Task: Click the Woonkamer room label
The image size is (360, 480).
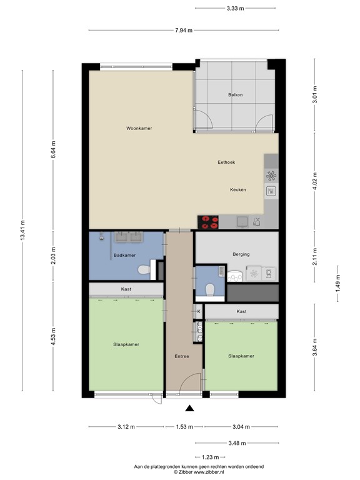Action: [139, 128]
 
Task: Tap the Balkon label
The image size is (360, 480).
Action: [234, 95]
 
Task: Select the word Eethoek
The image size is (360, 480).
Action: [226, 162]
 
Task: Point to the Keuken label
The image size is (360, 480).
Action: [238, 190]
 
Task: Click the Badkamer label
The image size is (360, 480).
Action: [125, 255]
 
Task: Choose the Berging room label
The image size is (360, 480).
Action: [241, 254]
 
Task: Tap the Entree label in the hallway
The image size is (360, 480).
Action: [182, 356]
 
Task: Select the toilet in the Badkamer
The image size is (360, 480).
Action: [144, 270]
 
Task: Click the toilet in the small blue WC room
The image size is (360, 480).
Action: [211, 289]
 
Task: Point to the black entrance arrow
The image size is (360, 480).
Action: [190, 409]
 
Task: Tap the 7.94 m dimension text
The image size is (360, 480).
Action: [182, 30]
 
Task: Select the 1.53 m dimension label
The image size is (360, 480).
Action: [184, 427]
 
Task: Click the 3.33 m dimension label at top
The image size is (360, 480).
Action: [234, 8]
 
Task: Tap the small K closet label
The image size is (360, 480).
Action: [199, 311]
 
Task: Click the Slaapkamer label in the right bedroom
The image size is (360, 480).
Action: [241, 356]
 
